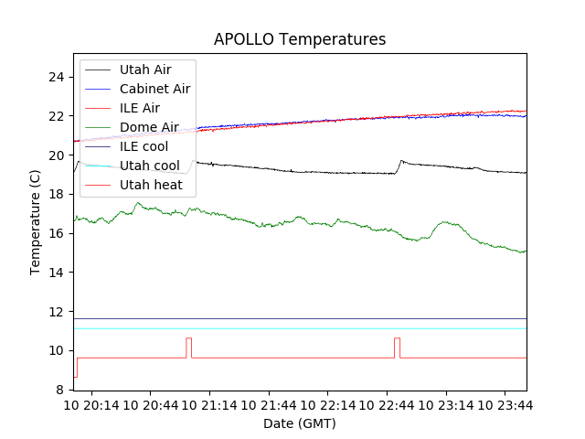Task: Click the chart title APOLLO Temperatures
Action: (300, 39)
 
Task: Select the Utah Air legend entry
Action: (145, 70)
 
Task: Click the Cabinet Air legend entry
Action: (154, 89)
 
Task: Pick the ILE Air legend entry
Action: (140, 108)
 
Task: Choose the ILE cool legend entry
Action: (144, 146)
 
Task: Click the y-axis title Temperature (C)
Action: (36, 222)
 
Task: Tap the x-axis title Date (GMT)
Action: (300, 423)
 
